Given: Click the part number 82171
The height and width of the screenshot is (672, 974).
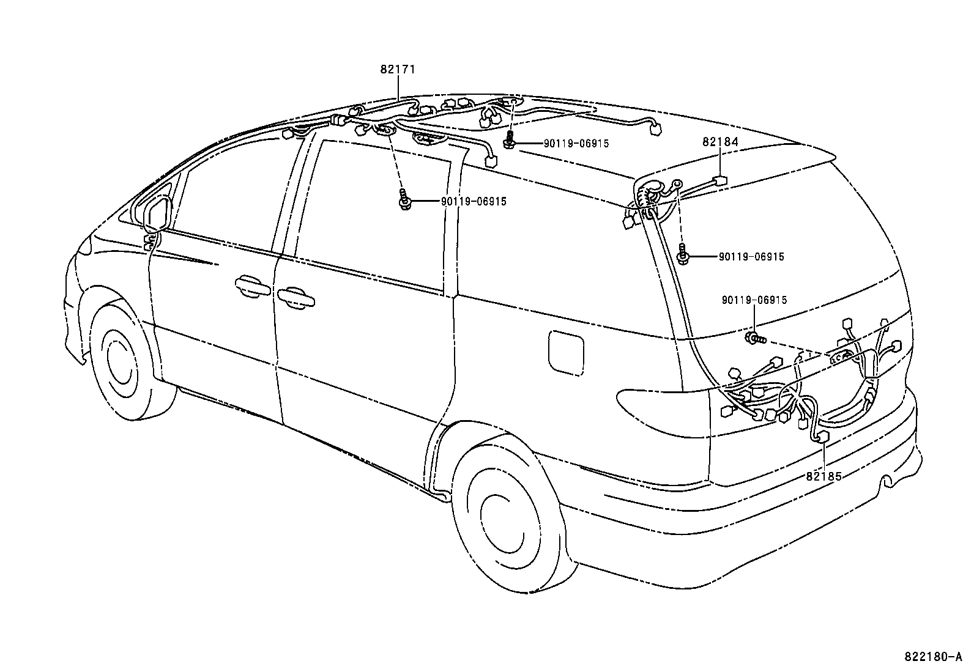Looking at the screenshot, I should tap(397, 70).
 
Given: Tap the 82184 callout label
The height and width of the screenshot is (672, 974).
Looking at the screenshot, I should tap(720, 142).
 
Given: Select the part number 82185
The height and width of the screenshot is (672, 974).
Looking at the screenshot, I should tap(823, 475).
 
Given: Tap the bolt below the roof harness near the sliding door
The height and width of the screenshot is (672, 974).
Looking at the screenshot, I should tap(404, 201).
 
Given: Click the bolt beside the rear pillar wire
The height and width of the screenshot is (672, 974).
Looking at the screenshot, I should tap(684, 256).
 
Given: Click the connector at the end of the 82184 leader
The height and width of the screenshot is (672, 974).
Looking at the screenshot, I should tap(720, 181).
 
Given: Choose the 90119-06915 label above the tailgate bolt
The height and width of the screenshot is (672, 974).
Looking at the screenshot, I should tap(754, 300).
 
